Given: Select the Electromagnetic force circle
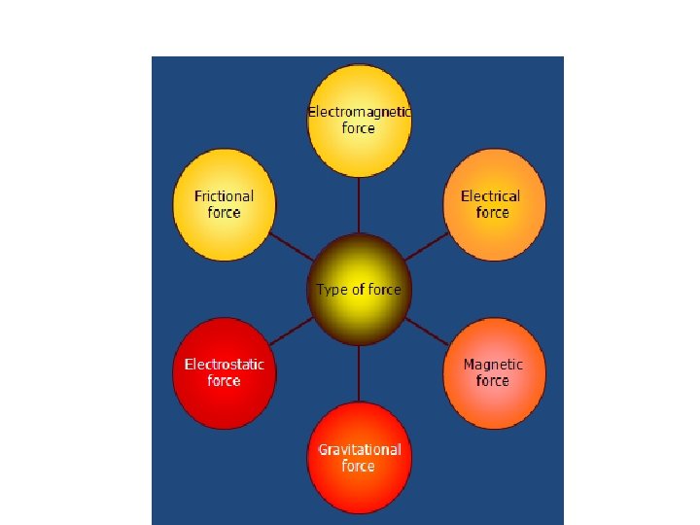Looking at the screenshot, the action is click(359, 122).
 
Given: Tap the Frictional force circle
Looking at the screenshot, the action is click(225, 205).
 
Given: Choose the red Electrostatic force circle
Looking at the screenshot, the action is click(225, 373).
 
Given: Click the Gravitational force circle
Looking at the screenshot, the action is click(359, 457).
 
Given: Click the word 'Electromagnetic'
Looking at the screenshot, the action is click(359, 113).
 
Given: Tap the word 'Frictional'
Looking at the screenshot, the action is click(224, 196).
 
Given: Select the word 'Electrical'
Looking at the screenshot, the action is click(491, 196).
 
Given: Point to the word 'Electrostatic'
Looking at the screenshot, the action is click(224, 365).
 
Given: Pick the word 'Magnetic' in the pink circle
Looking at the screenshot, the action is click(493, 365).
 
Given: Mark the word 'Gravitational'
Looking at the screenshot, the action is click(359, 449).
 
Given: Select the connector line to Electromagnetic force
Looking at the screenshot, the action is click(359, 206).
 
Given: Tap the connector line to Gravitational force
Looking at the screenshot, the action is click(359, 373).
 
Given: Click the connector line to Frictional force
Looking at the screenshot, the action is click(292, 248).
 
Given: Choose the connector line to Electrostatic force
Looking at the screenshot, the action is click(291, 332).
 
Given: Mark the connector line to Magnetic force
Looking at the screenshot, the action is click(427, 332).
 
